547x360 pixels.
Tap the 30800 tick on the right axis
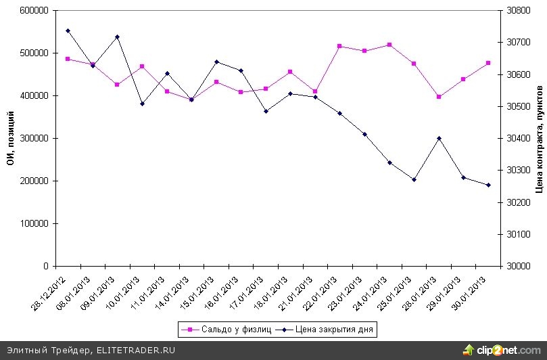517,11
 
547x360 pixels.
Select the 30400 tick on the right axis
517,138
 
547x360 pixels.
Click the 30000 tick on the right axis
517,266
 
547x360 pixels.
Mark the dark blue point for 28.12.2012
68,30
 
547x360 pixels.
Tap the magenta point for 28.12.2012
68,59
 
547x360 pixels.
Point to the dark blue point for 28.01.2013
439,138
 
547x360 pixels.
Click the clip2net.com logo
504,350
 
